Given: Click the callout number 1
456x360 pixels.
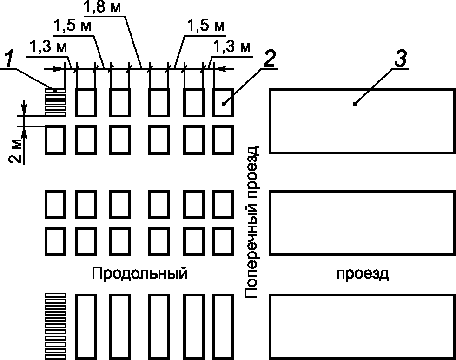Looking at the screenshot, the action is (x=8, y=59).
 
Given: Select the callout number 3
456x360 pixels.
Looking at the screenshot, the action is (x=401, y=59).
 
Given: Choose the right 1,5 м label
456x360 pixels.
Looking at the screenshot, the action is (x=205, y=26).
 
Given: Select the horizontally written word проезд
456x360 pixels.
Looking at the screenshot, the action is (x=363, y=273).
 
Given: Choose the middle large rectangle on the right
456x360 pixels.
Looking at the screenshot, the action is (x=362, y=223).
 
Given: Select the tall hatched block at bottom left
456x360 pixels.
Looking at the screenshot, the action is (x=55, y=326).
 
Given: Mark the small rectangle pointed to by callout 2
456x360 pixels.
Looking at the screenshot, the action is (x=223, y=102).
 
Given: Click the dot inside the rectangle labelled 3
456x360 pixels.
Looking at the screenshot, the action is (x=355, y=104).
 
